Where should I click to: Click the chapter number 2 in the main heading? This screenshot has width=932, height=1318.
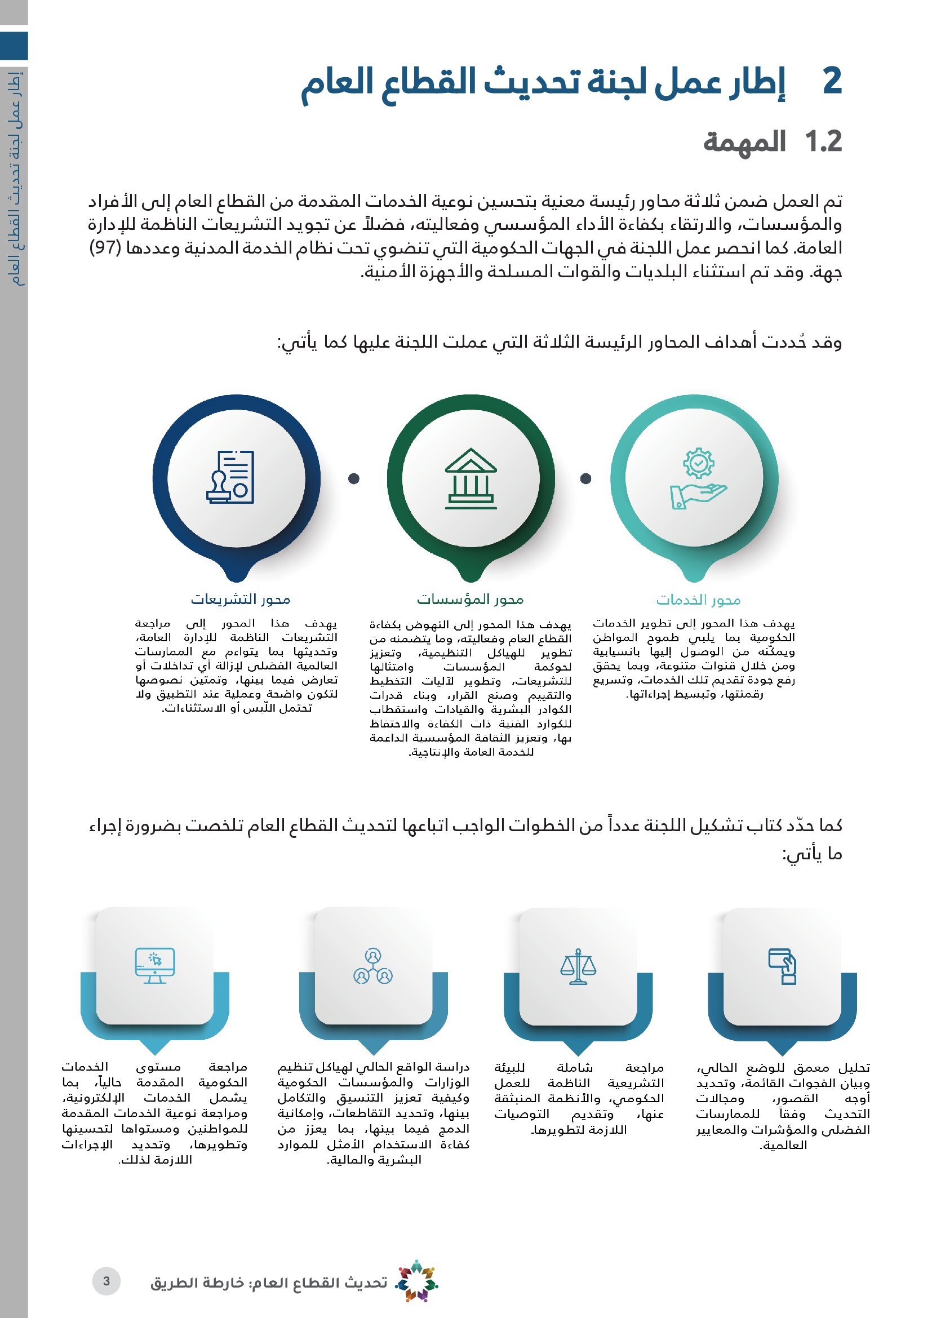click(x=832, y=82)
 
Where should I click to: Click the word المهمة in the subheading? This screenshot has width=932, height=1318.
click(x=744, y=142)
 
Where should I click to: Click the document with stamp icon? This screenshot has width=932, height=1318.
click(x=230, y=477)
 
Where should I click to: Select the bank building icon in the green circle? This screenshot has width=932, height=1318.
click(x=471, y=478)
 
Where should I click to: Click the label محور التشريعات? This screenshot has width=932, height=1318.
click(x=241, y=600)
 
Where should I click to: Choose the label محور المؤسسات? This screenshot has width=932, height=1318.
click(x=470, y=600)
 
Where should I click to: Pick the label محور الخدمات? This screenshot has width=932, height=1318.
click(x=698, y=600)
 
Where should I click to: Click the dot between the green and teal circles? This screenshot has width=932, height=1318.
click(x=585, y=478)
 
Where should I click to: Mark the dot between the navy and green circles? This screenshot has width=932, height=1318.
click(x=354, y=478)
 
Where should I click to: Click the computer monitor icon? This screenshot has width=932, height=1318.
click(x=154, y=966)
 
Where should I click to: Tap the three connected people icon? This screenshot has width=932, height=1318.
click(x=373, y=967)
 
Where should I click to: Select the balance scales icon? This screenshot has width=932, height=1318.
click(x=578, y=967)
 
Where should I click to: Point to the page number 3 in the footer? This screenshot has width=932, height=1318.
click(x=106, y=1281)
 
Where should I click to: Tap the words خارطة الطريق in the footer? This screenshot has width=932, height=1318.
click(x=197, y=1283)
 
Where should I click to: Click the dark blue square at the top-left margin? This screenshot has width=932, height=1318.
click(x=14, y=46)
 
